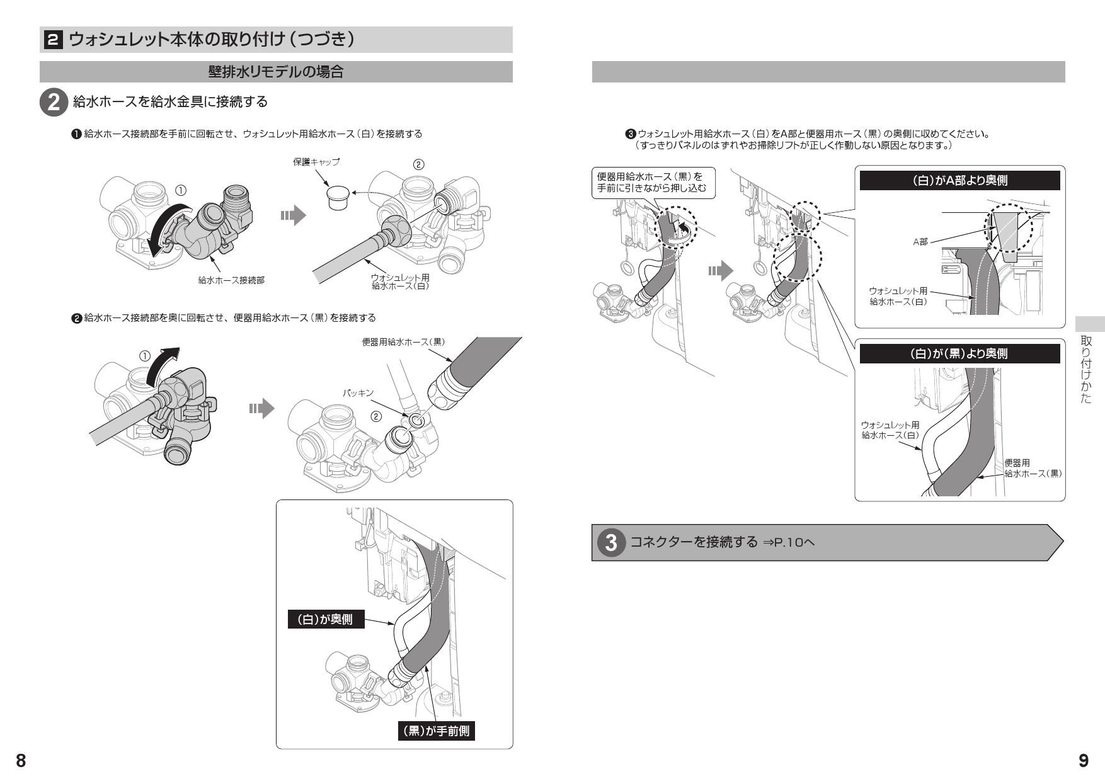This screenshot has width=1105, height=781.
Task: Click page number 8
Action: (20, 760)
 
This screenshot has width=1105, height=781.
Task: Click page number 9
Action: (1083, 761)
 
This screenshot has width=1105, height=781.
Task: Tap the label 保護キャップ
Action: (316, 162)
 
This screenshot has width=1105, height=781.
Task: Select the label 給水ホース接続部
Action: (231, 280)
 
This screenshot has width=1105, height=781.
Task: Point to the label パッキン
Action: (358, 393)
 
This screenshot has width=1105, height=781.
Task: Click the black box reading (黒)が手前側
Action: (436, 732)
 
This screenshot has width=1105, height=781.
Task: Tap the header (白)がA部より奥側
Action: (959, 181)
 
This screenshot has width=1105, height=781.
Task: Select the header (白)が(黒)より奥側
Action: (959, 354)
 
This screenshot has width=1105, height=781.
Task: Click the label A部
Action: (920, 242)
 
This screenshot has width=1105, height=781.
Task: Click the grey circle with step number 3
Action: (610, 542)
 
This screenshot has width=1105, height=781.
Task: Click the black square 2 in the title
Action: (53, 40)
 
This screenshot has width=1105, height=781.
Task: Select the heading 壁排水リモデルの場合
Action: (276, 72)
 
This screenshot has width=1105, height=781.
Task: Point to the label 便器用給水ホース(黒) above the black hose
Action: (403, 341)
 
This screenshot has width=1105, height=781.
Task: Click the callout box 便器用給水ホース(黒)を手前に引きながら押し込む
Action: (653, 183)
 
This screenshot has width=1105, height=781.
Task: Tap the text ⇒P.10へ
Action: (788, 542)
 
